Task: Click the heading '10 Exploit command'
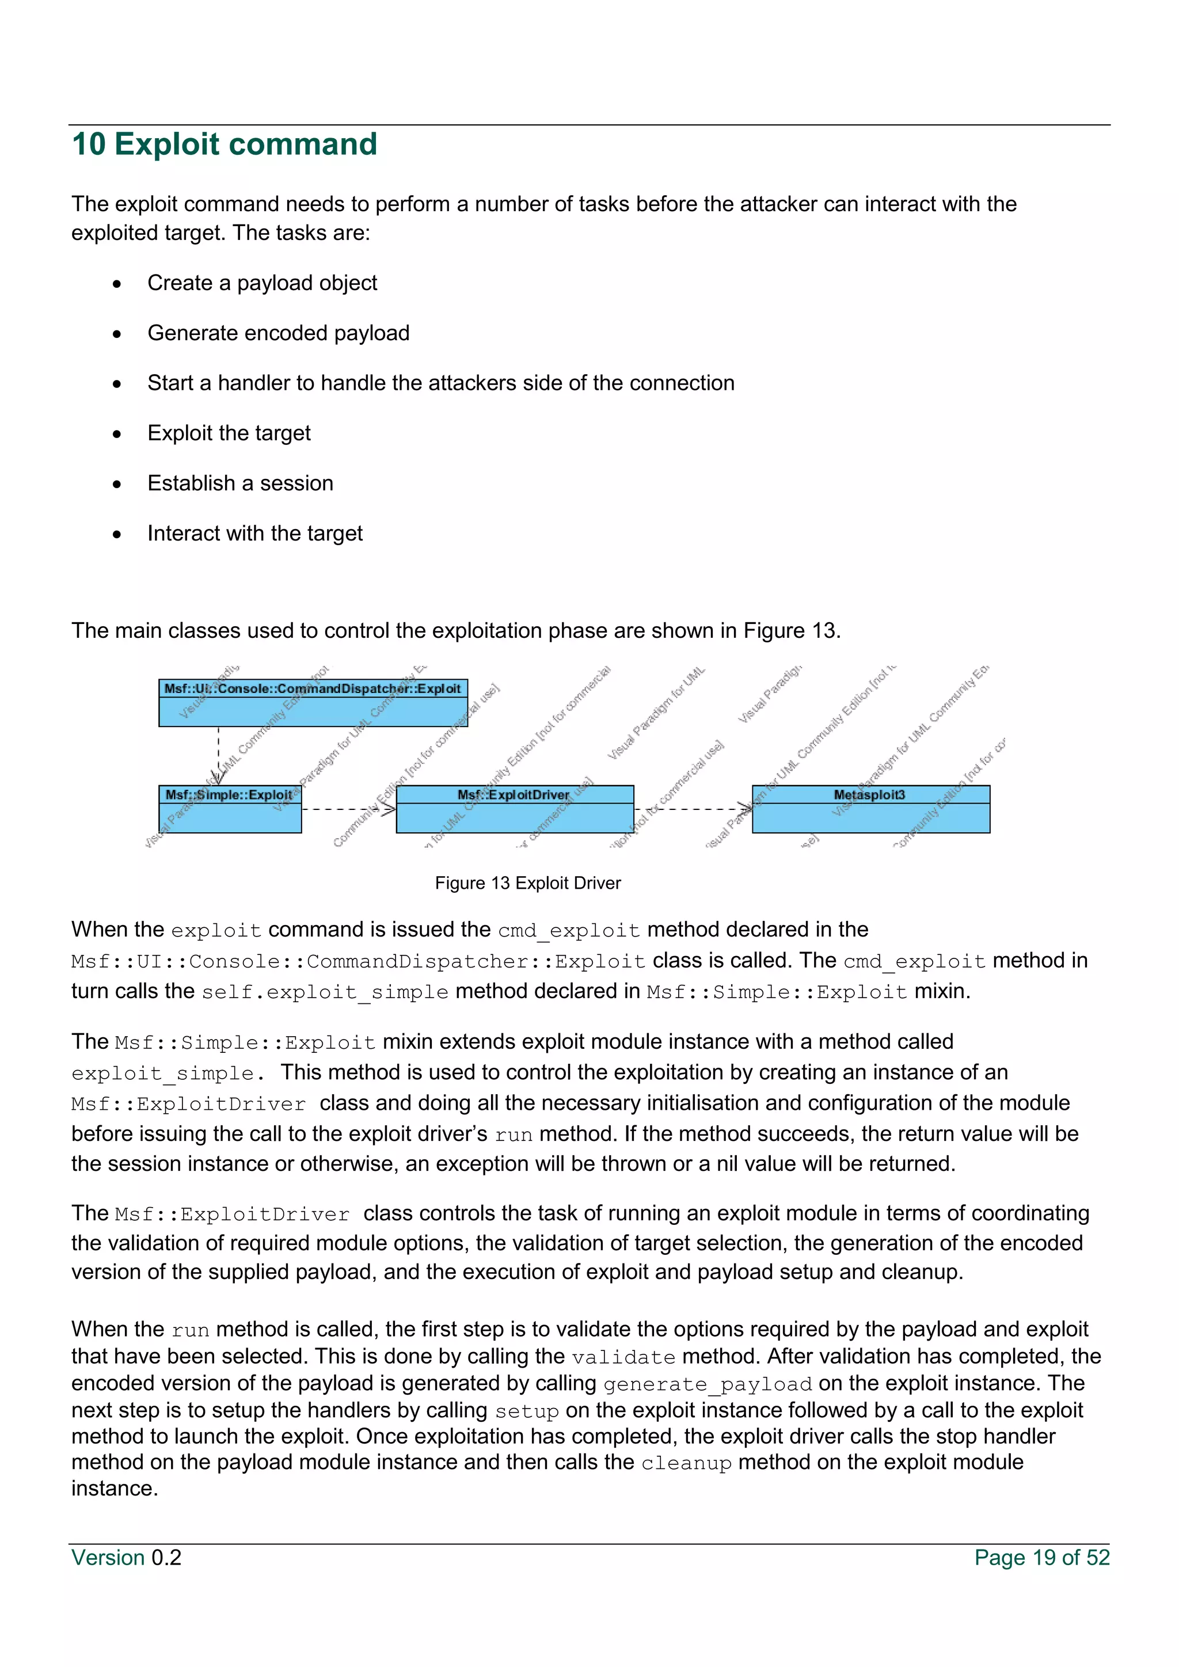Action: (x=225, y=144)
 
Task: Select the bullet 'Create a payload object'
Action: (x=262, y=283)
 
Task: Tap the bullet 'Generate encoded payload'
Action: (x=278, y=333)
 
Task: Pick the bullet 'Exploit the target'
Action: (x=229, y=433)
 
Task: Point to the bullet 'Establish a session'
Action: (x=240, y=484)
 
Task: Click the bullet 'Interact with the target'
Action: (x=255, y=534)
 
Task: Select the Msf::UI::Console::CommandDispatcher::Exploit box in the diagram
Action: (x=313, y=703)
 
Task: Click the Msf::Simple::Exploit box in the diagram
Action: (x=230, y=809)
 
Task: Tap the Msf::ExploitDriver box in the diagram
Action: (x=515, y=809)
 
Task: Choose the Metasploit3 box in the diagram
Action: (x=870, y=809)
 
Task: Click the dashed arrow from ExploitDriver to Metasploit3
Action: (x=693, y=809)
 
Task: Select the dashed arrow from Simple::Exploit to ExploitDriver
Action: (x=348, y=809)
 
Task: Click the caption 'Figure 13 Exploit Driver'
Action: (x=528, y=883)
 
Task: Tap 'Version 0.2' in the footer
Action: (x=126, y=1558)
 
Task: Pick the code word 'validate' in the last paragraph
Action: (x=623, y=1358)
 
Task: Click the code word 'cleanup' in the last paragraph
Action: (x=686, y=1463)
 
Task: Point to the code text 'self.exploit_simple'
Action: (x=325, y=992)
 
